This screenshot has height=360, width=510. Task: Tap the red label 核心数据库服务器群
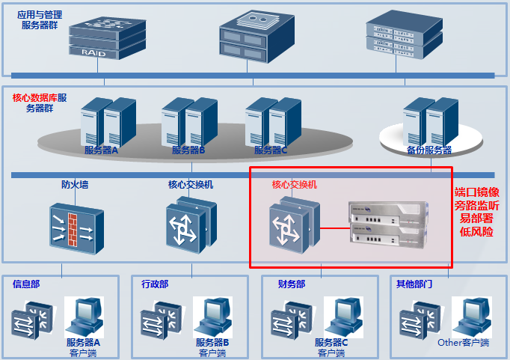click(x=40, y=103)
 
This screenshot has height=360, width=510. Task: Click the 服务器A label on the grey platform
click(x=102, y=150)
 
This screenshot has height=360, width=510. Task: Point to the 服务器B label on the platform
click(x=188, y=150)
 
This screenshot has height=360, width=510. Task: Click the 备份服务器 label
click(x=429, y=150)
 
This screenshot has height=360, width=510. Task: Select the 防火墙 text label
click(x=75, y=184)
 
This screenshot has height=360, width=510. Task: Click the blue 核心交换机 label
click(x=191, y=184)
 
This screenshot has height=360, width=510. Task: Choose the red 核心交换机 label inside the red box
click(x=295, y=184)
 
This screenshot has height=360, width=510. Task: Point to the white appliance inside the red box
click(x=388, y=225)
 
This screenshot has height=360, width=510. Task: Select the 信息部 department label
click(x=26, y=284)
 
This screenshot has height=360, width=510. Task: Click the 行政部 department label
click(x=155, y=284)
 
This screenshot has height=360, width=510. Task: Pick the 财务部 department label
click(x=292, y=284)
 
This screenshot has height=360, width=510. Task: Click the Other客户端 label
click(x=463, y=343)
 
